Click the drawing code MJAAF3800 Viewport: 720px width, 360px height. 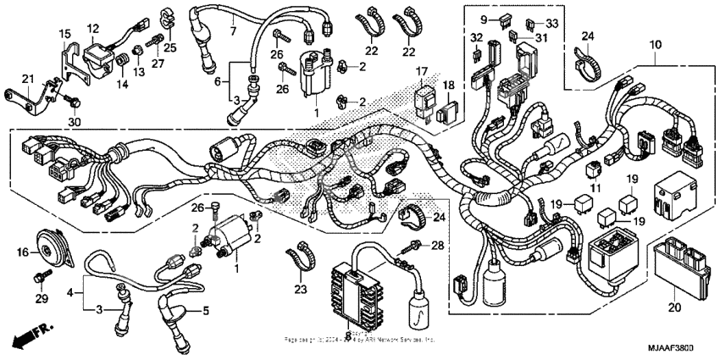tap(682, 349)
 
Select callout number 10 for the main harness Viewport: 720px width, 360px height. tap(656, 44)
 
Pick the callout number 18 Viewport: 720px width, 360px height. tap(448, 86)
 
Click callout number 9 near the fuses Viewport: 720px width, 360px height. tap(484, 18)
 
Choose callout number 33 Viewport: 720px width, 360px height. tap(552, 23)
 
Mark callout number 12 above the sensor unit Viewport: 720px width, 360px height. tap(94, 29)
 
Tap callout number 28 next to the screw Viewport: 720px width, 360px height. tap(438, 246)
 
